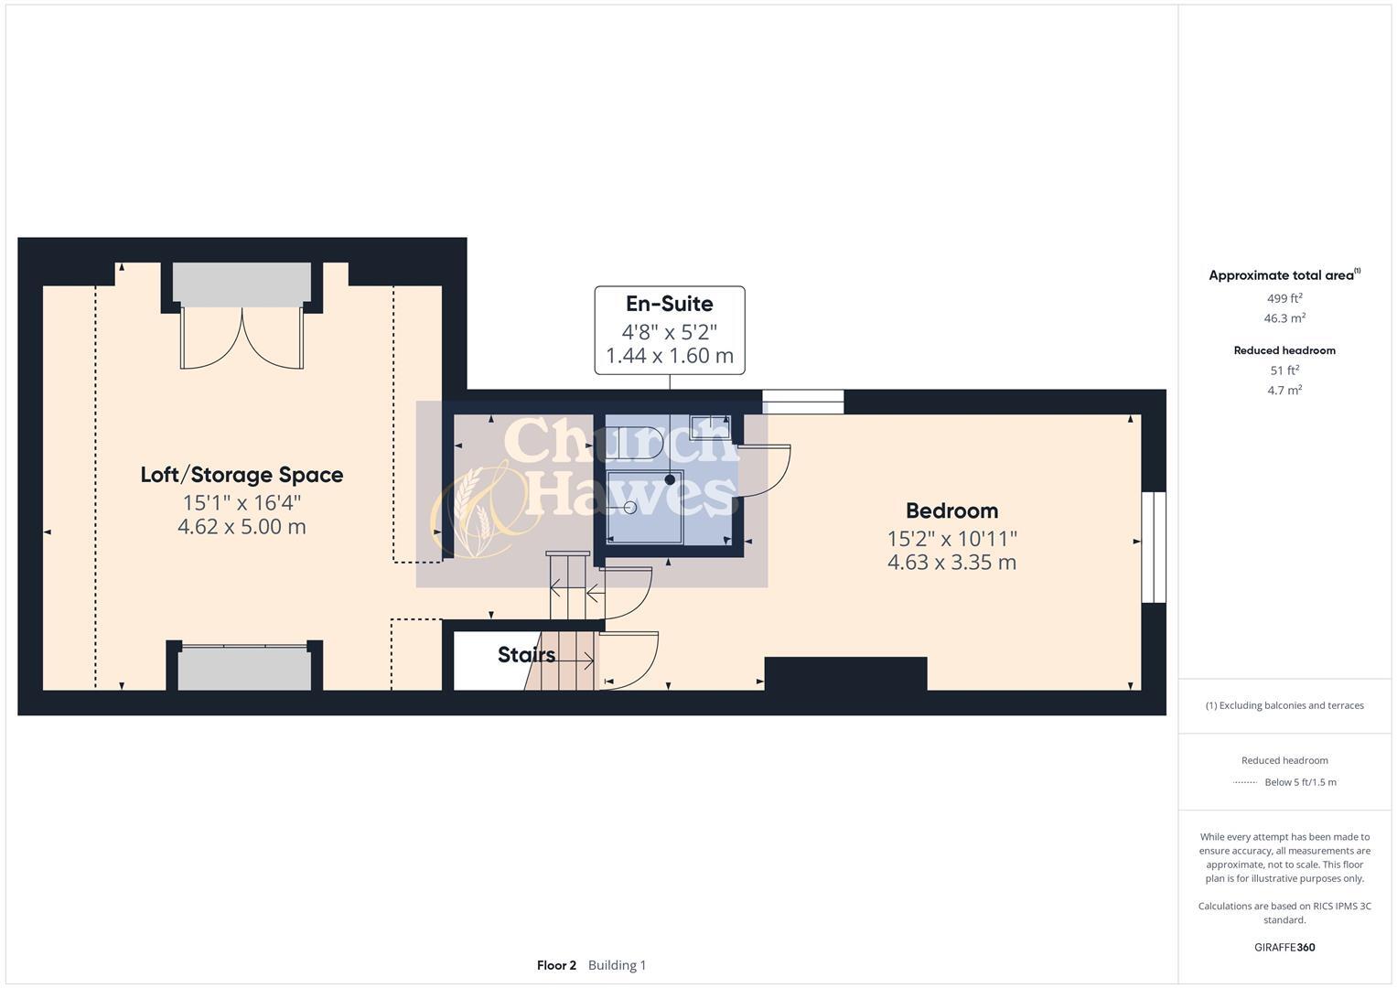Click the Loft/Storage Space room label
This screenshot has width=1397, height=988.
pos(242,475)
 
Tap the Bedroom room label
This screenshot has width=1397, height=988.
pos(951,510)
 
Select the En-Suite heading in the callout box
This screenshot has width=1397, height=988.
pos(669,304)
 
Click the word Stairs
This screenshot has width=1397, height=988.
pos(526,655)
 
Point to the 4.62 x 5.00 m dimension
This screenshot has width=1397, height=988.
pos(242,527)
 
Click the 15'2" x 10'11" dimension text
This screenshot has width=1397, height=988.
pos(951,539)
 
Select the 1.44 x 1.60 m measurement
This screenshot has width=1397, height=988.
pos(669,356)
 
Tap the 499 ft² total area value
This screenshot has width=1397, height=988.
pos(1284,298)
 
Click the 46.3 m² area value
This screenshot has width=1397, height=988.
pos(1284,318)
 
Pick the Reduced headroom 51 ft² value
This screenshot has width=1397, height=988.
pos(1284,370)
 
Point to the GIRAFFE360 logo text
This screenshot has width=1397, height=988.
pos(1284,948)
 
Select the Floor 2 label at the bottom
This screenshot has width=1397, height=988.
pos(556,965)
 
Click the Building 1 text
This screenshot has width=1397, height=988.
pos(617,965)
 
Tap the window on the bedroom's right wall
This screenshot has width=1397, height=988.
pos(1154,547)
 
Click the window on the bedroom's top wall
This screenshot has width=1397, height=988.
pos(802,402)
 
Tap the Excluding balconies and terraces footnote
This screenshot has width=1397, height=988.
pos(1284,705)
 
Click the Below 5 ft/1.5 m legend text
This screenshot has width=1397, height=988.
pos(1300,782)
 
